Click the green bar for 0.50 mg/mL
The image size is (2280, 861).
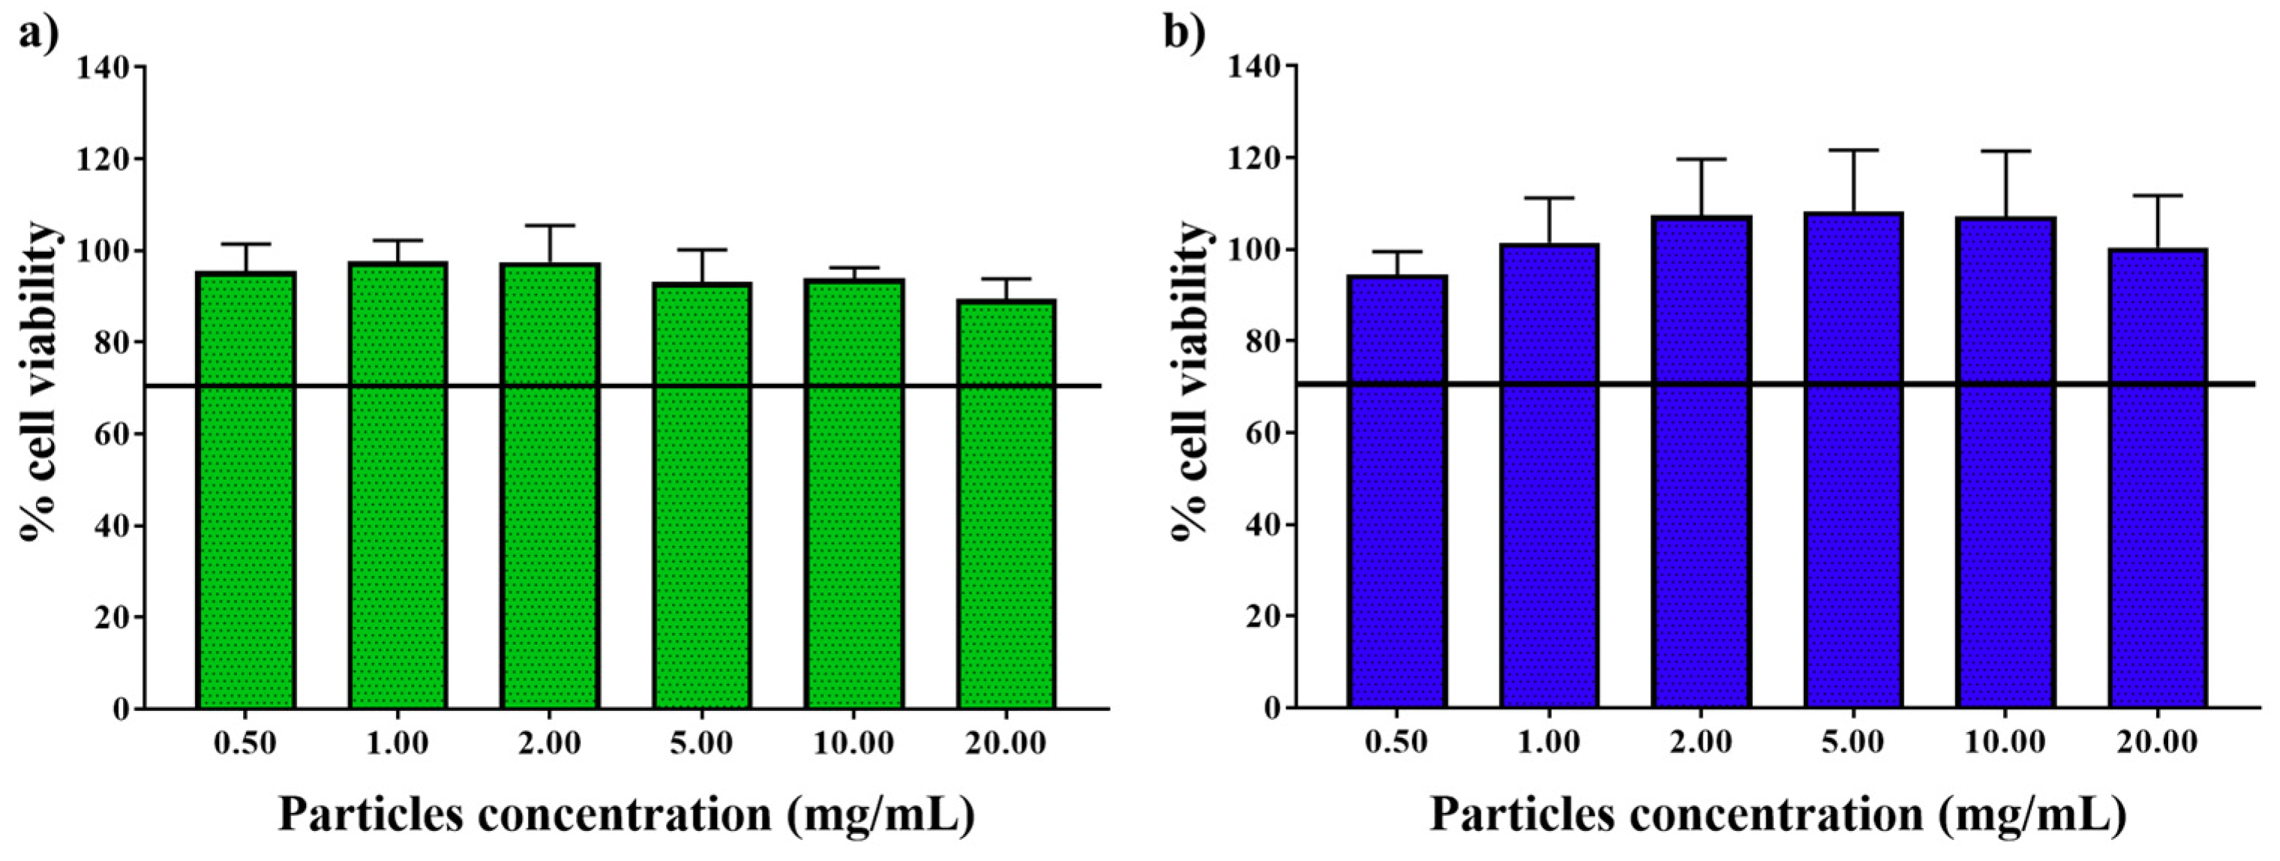245,491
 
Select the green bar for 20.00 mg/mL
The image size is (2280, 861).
1006,505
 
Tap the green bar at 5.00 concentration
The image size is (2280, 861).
702,496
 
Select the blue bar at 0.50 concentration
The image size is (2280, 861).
1396,491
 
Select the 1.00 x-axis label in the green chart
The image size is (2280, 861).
397,743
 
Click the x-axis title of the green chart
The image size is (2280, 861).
627,815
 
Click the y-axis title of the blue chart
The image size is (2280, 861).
1190,380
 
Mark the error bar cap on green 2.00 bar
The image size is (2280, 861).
550,226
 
